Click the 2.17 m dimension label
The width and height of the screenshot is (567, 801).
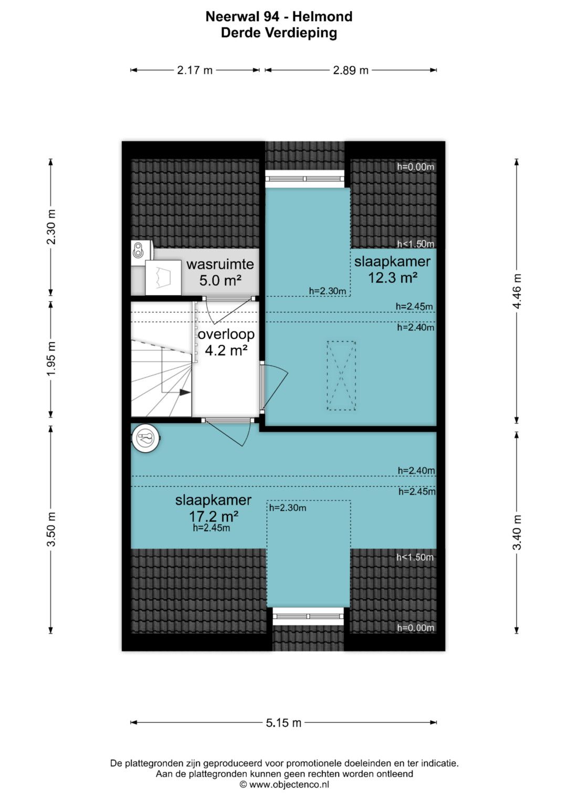tap(195, 70)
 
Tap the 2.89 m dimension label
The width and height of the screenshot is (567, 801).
tap(351, 70)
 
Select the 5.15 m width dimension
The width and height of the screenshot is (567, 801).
tap(283, 723)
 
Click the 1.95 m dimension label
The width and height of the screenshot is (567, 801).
tap(51, 358)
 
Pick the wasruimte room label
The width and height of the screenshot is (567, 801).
tap(220, 264)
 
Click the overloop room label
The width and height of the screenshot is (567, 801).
tap(226, 334)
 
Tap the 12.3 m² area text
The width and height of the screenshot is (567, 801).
tap(393, 277)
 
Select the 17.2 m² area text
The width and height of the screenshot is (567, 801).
tap(214, 516)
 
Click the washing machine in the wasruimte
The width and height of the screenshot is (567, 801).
tap(163, 277)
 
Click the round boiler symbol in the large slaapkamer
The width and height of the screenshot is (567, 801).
tap(146, 439)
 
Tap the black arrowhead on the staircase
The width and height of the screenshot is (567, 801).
tap(185, 392)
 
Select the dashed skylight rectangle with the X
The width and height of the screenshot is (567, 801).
tap(341, 376)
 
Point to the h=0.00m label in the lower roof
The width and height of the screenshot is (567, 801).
tap(416, 627)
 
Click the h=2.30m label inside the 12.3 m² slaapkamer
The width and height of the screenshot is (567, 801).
tap(328, 291)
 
